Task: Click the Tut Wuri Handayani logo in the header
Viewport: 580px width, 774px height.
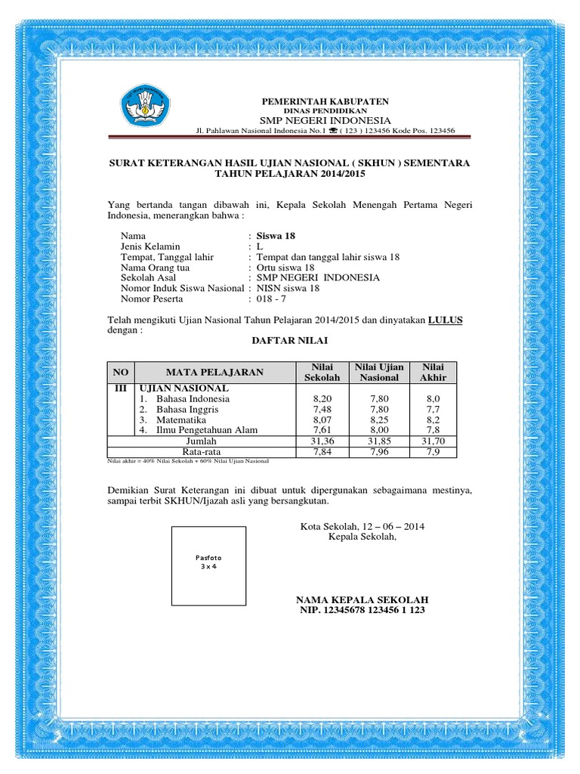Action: click(145, 109)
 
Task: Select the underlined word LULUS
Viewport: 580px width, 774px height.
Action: click(446, 320)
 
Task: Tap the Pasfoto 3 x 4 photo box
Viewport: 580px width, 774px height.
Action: click(208, 565)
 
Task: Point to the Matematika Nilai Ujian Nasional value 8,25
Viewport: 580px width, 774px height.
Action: click(378, 420)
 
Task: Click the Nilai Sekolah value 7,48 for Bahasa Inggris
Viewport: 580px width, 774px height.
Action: click(322, 409)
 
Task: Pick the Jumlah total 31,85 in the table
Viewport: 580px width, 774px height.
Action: click(378, 441)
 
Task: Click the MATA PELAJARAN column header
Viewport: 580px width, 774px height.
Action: click(215, 372)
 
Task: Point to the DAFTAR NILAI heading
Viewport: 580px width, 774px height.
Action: click(290, 342)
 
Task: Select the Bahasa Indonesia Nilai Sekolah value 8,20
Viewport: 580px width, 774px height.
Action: click(322, 398)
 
